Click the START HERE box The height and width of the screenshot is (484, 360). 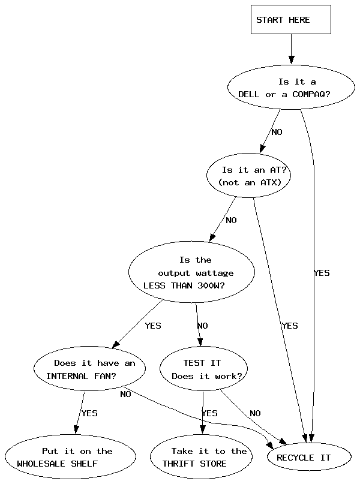pos(290,20)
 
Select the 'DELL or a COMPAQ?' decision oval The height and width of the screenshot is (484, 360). pos(291,88)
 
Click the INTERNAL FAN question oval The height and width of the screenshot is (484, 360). pos(90,369)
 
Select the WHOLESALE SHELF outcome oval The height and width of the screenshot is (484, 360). pos(70,457)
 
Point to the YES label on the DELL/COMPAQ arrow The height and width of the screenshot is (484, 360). pos(322,273)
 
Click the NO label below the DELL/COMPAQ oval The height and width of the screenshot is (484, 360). pos(277,132)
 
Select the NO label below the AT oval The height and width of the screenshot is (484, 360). pos(231,220)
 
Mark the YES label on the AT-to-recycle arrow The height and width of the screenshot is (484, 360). pos(289,326)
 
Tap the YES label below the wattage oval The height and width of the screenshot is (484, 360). pos(153,326)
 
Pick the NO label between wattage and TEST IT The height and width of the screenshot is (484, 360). pos(203,326)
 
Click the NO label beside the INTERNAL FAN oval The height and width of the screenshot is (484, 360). pos(125,394)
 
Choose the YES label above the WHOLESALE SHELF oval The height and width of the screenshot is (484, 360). pos(89,413)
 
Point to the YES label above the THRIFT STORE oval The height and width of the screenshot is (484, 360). pos(209,413)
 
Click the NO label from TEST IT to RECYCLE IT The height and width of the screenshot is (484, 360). pos(255,413)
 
